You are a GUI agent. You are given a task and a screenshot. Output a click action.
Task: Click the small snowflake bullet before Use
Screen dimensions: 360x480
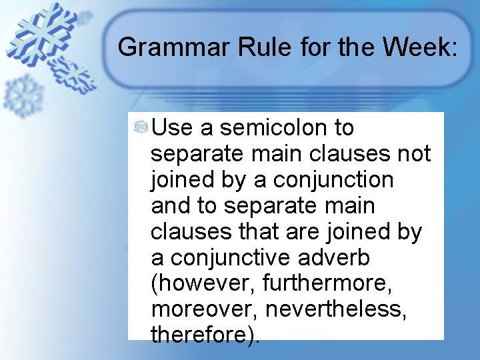point(141,127)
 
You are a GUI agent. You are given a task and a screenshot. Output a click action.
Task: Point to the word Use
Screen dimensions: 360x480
point(172,127)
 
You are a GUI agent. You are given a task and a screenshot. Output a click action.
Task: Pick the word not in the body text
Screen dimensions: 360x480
point(415,153)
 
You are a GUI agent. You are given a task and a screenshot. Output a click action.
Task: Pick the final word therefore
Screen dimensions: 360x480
point(202,335)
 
